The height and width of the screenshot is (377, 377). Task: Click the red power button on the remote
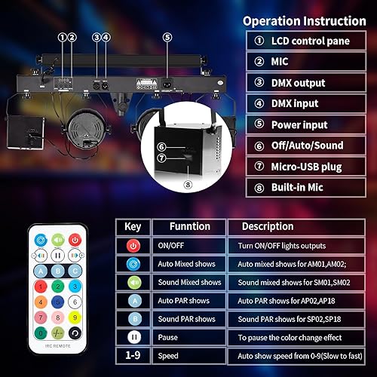(x=75, y=239)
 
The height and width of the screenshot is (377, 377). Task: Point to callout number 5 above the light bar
(x=167, y=35)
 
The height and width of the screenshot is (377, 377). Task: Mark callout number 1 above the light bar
(x=61, y=35)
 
